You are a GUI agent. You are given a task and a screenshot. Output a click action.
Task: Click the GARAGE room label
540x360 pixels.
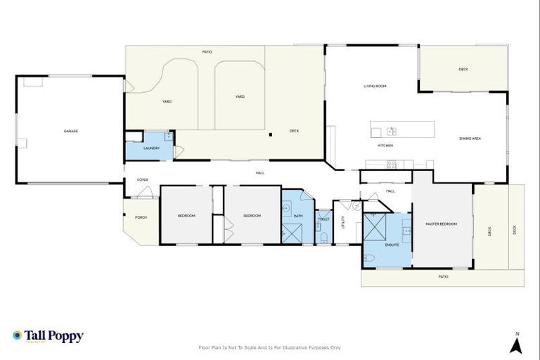(70, 131)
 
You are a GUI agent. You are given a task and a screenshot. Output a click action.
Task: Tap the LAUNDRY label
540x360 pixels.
(151, 148)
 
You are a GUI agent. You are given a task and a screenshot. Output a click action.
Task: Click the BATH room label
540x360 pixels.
(298, 216)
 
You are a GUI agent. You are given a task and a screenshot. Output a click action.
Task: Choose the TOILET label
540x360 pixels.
(323, 219)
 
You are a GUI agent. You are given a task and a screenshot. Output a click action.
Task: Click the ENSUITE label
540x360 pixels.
(392, 245)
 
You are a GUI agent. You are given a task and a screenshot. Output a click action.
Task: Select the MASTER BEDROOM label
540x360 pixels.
(441, 224)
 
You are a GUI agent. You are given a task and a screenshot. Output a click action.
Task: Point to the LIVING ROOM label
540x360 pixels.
(375, 86)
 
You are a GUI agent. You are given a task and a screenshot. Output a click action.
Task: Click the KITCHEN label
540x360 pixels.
(385, 146)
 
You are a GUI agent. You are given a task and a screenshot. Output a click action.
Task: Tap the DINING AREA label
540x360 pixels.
(470, 139)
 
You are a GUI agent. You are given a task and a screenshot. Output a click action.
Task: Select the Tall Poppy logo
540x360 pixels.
(48, 336)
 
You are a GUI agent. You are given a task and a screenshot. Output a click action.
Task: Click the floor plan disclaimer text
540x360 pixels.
(270, 347)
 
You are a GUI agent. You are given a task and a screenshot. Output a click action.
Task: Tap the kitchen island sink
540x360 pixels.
(391, 131)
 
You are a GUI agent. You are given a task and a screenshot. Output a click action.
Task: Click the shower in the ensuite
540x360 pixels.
(375, 226)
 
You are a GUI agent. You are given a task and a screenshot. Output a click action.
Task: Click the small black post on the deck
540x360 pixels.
(271, 135)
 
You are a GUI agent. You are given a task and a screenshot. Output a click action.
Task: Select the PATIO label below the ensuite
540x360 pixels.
(443, 276)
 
